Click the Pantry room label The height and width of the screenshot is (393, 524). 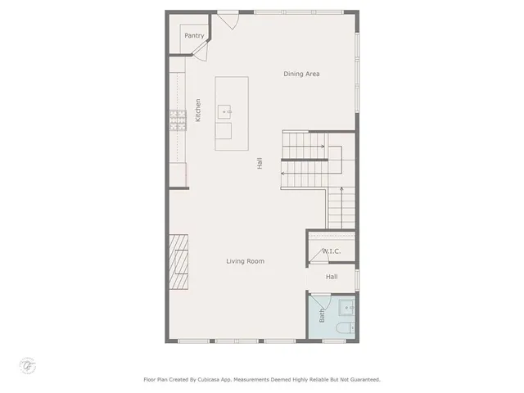(x=194, y=35)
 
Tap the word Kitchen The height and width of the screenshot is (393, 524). (x=198, y=111)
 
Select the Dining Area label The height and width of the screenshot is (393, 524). (x=301, y=74)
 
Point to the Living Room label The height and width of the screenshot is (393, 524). (x=245, y=261)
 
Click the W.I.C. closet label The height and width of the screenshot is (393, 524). (x=331, y=251)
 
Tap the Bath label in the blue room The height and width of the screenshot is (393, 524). (x=322, y=314)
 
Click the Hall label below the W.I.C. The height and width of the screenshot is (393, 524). (x=332, y=277)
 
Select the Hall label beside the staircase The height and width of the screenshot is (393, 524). (x=260, y=163)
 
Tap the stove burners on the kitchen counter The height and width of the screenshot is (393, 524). (x=175, y=120)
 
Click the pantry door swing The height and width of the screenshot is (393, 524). (x=199, y=52)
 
